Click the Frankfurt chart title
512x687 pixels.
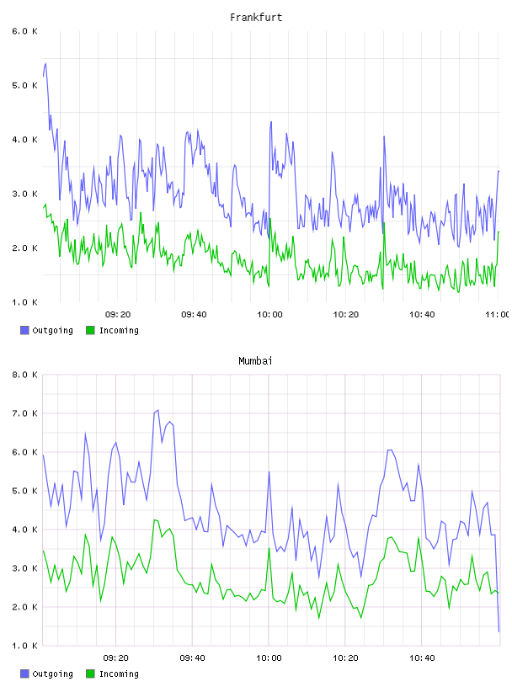[256, 18]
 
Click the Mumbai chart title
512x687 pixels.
[255, 361]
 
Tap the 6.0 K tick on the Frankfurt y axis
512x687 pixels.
[24, 31]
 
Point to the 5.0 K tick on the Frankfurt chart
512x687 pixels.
[24, 85]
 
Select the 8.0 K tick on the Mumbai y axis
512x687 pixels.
[24, 375]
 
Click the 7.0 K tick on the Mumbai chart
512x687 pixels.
[24, 413]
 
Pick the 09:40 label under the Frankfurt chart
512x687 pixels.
[194, 315]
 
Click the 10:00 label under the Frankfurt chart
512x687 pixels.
[269, 315]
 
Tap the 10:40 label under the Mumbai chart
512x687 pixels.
[422, 658]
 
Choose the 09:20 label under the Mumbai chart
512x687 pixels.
[115, 658]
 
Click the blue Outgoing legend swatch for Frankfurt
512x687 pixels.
[24, 330]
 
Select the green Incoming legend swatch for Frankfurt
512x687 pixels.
[90, 330]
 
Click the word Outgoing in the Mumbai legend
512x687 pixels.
[52, 674]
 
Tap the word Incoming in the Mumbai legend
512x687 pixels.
[119, 674]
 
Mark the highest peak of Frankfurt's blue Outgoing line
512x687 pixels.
[45, 63]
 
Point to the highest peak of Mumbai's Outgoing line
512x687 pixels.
[157, 410]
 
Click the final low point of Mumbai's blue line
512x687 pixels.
[499, 631]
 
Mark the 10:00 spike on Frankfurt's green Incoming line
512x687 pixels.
[270, 218]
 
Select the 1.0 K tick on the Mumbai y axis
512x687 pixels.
[24, 646]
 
